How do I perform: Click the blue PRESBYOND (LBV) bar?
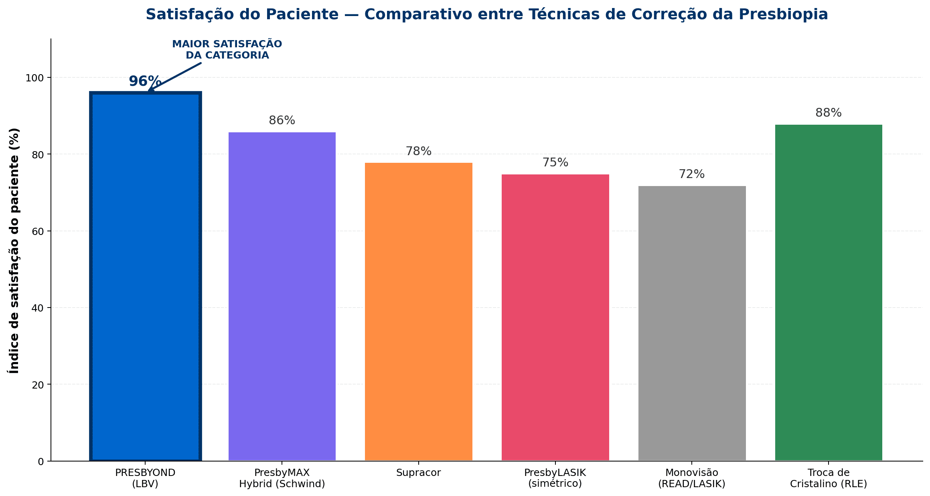[x=145, y=277]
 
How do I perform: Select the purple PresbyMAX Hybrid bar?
[x=282, y=297]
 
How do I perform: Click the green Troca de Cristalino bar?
[x=829, y=293]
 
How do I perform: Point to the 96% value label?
[x=145, y=81]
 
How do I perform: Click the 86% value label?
[x=282, y=120]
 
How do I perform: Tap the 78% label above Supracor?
[x=418, y=151]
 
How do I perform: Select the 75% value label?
[x=555, y=162]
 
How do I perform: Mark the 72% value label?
[x=692, y=174]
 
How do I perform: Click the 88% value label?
[x=829, y=113]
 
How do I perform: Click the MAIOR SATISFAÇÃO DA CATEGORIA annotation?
[x=227, y=50]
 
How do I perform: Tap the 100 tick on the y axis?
[x=35, y=78]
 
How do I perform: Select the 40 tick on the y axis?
[x=37, y=308]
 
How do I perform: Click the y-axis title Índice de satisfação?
[x=14, y=251]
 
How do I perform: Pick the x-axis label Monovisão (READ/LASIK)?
[x=692, y=478]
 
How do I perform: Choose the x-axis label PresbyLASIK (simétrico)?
[x=555, y=478]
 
